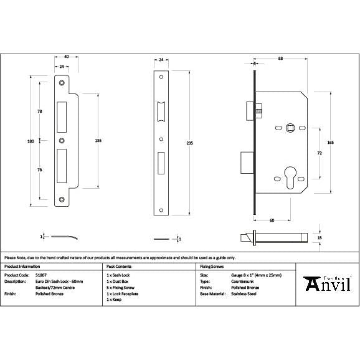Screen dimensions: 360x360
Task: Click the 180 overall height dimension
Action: pyautogui.click(x=31, y=141)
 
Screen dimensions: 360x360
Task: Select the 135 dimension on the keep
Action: pyautogui.click(x=98, y=141)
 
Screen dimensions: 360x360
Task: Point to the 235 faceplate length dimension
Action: pyautogui.click(x=190, y=144)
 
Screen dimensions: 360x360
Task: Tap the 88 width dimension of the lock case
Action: pyautogui.click(x=282, y=58)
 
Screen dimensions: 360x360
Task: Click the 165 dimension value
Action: pyautogui.click(x=330, y=143)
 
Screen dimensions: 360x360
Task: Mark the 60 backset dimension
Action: pyautogui.click(x=272, y=220)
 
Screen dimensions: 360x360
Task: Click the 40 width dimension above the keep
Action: pyautogui.click(x=67, y=57)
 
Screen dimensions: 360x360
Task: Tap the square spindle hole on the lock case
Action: pyautogui.click(x=289, y=128)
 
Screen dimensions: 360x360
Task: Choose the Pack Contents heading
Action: pyautogui.click(x=120, y=266)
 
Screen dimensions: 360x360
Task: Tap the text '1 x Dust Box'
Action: pyautogui.click(x=119, y=281)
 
